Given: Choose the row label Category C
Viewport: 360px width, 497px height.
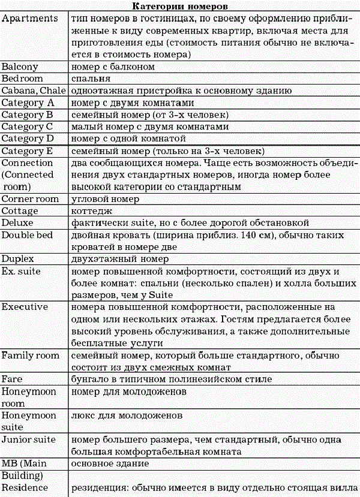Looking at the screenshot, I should tap(28, 126).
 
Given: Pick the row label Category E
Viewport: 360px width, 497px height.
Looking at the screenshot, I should tap(28, 150).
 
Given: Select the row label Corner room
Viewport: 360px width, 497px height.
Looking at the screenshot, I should tap(30, 198).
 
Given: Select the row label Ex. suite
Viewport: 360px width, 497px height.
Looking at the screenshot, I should tap(23, 271).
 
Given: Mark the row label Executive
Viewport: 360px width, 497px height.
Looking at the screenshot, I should tap(25, 307).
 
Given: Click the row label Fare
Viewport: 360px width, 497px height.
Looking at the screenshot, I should tap(13, 379).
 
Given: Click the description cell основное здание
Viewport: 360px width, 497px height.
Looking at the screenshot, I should tap(111, 463).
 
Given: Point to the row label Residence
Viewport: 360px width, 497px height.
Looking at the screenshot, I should tap(25, 487).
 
